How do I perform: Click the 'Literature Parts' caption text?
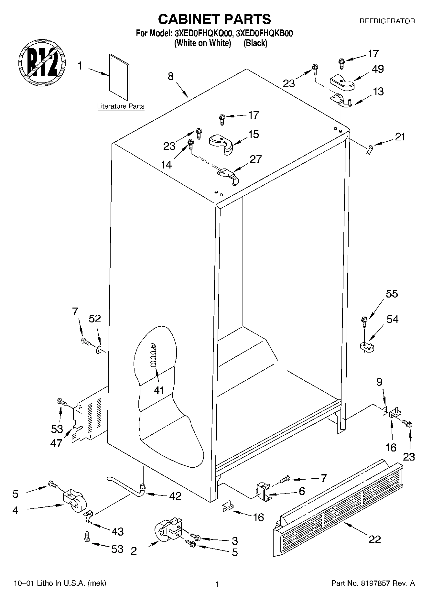tap(121, 106)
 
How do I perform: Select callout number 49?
tap(377, 69)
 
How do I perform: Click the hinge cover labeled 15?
tap(221, 143)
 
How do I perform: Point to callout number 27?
tap(255, 159)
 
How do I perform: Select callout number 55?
tap(392, 294)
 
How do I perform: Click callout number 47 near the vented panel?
tap(56, 443)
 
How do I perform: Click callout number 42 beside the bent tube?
tap(175, 496)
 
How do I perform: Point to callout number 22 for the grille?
tap(374, 539)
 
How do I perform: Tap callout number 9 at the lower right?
tap(379, 382)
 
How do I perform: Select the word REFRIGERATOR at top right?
tap(387, 21)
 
